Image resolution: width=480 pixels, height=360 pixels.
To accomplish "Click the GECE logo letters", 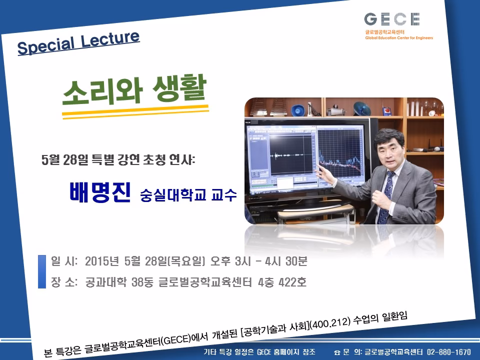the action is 392,19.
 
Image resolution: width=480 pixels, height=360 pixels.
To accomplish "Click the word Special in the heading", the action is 46,45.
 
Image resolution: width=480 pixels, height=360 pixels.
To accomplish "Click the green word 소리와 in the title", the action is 102,92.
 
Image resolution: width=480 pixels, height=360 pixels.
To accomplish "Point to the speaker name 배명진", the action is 100,192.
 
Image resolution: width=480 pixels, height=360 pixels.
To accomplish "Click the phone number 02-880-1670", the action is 449,352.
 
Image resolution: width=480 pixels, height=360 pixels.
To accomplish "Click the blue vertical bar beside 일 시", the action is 42,271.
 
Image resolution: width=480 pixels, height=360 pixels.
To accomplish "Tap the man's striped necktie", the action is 385,196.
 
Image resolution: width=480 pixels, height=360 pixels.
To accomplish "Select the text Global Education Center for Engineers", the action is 399,38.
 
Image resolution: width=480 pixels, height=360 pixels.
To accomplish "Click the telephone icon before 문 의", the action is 337,352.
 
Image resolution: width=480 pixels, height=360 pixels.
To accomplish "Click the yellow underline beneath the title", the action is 135,111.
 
